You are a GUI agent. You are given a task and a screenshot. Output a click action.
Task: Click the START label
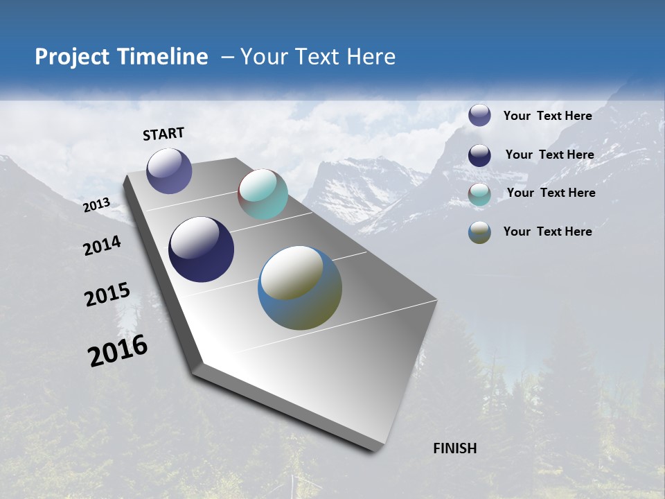163,134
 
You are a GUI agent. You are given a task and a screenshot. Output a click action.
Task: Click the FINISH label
455,448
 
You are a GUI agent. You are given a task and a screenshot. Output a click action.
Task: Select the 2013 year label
97,204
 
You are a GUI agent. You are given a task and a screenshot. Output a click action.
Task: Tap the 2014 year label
103,245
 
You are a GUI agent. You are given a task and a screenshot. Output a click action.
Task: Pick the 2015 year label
107,295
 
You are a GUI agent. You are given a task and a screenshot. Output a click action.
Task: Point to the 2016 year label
118,350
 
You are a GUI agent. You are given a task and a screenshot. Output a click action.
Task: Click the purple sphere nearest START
169,170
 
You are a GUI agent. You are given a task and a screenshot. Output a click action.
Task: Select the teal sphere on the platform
263,194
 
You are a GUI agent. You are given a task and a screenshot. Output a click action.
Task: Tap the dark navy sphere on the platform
201,249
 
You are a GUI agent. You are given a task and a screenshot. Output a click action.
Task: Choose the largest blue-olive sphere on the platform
299,288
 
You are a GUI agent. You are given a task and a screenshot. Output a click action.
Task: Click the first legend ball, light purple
479,116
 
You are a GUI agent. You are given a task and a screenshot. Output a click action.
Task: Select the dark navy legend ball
479,155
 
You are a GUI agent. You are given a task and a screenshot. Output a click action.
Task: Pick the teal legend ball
479,194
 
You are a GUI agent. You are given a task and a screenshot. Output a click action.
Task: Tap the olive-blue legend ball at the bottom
479,232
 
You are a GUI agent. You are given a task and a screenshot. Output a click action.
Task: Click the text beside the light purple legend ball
547,116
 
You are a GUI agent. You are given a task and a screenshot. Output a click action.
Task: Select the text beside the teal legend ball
551,193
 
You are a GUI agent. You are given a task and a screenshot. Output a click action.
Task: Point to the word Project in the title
73,57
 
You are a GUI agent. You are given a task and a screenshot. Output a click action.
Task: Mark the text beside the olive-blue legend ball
547,231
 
